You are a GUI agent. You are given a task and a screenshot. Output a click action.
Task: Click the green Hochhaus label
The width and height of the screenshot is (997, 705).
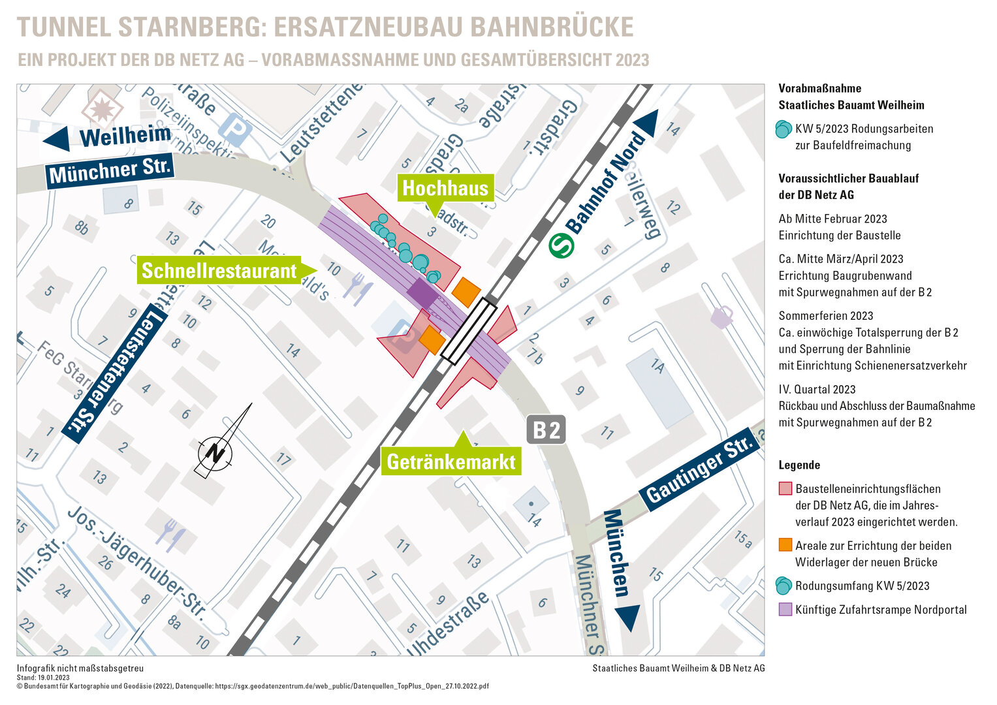click(x=445, y=188)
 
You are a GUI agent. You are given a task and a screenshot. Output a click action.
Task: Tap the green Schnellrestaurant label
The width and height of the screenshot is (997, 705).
click(x=219, y=270)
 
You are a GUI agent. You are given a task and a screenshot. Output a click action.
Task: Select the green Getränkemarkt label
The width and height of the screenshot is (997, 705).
click(x=451, y=462)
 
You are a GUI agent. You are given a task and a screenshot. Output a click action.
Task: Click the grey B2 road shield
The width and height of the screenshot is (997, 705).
click(x=546, y=430)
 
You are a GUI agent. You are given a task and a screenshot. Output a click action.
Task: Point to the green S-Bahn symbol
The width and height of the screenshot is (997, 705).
click(x=561, y=245)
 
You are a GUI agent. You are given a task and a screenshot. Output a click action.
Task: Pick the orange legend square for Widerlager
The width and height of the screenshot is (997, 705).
click(x=785, y=545)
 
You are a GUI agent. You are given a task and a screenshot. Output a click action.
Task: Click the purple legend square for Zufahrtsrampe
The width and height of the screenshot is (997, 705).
click(x=785, y=609)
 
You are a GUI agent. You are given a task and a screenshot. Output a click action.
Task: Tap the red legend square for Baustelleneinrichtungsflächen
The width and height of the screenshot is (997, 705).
click(x=785, y=488)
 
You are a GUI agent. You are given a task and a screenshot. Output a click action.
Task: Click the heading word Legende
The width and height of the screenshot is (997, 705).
click(x=799, y=465)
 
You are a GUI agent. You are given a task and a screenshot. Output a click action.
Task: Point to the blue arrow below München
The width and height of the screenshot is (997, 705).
click(x=627, y=618)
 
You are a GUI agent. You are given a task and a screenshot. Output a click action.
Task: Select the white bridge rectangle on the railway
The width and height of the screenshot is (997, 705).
click(x=469, y=330)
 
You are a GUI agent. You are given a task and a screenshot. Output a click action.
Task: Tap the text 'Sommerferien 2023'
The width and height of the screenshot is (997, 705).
click(x=825, y=316)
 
